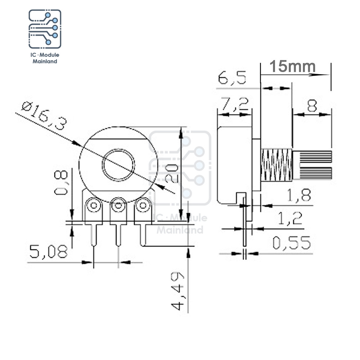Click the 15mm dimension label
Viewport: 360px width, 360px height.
(x=292, y=66)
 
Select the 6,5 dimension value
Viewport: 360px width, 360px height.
(x=232, y=78)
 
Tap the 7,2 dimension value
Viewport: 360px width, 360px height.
(x=234, y=104)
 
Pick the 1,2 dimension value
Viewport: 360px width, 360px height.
(x=290, y=219)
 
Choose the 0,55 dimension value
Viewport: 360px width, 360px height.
(x=292, y=243)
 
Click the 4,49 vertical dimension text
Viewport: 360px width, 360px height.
(x=177, y=291)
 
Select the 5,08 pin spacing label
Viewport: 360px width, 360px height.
(x=49, y=251)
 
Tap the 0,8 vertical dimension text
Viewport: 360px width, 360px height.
(x=61, y=183)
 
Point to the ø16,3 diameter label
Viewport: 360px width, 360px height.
(x=44, y=116)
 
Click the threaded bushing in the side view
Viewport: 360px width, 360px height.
(x=276, y=165)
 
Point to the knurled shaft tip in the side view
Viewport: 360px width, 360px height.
(x=312, y=165)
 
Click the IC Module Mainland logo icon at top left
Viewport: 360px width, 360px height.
(x=45, y=29)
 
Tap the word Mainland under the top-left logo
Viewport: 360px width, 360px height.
(x=45, y=62)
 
